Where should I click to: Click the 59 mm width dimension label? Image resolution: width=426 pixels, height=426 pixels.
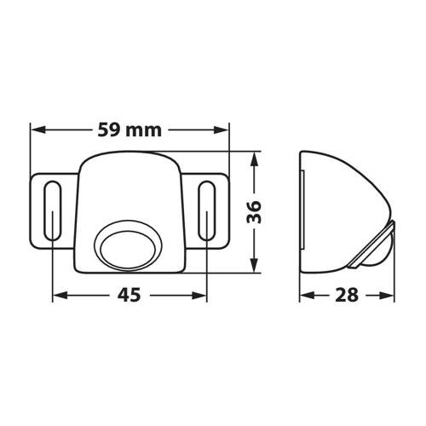pyautogui.click(x=130, y=132)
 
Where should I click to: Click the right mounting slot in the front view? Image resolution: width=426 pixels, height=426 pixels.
pyautogui.click(x=207, y=210)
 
